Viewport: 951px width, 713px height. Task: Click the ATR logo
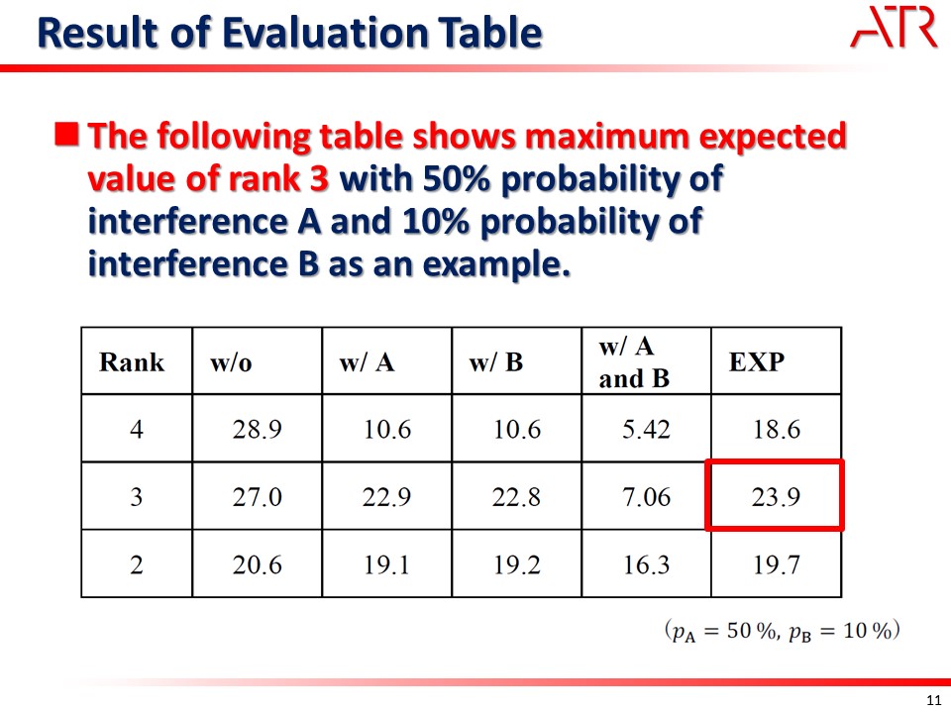point(894,28)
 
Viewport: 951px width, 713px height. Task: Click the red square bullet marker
point(66,135)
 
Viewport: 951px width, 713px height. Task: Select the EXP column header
point(756,362)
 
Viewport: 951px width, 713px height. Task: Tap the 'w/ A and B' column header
point(634,362)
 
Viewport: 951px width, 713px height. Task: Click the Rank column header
point(132,362)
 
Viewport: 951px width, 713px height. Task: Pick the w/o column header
point(231,362)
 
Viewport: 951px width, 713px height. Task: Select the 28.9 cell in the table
point(258,429)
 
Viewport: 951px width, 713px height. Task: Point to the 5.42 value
point(646,429)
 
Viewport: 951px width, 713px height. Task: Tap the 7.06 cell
point(646,497)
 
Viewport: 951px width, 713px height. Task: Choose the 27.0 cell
point(258,497)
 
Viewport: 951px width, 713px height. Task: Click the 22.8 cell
point(516,497)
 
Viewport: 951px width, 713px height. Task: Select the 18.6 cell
point(777,429)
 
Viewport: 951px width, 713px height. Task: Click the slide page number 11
point(934,700)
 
